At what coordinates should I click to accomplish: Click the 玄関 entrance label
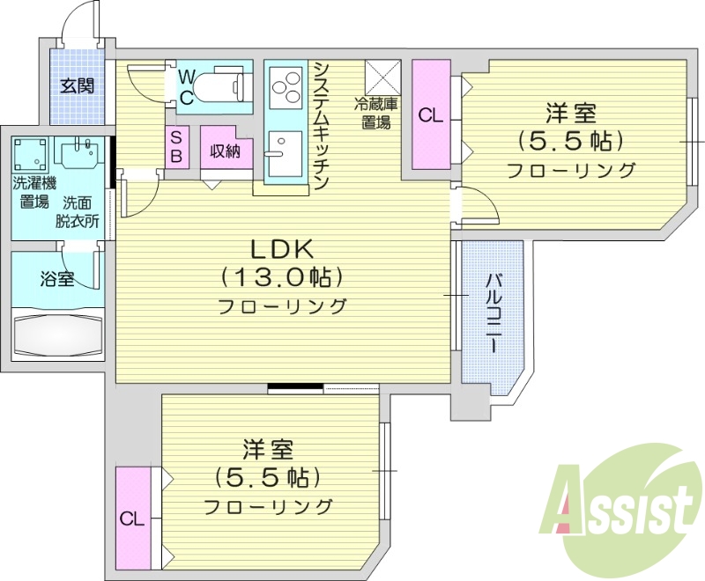point(77,86)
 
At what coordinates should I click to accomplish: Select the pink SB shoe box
point(175,147)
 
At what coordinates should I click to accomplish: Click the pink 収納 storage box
point(226,151)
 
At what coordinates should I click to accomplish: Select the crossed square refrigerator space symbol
point(383,77)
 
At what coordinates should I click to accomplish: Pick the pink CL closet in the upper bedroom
point(430,114)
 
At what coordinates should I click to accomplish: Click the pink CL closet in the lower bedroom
point(132,518)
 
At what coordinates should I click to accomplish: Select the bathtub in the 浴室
point(58,336)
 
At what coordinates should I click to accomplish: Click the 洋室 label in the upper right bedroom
point(571,114)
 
